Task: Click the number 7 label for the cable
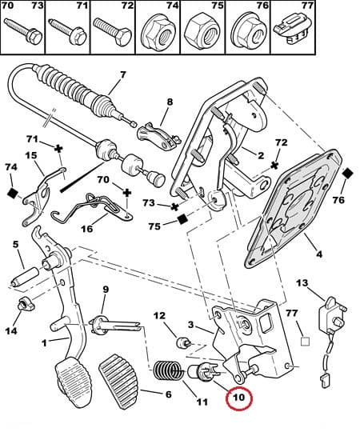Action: tap(122, 76)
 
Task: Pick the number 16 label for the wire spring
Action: tap(87, 229)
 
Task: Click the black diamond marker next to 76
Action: tap(346, 174)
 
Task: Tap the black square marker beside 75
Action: tap(182, 218)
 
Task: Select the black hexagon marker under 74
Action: tap(11, 192)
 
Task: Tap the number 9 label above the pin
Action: tap(105, 290)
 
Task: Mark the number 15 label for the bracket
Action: tap(31, 156)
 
